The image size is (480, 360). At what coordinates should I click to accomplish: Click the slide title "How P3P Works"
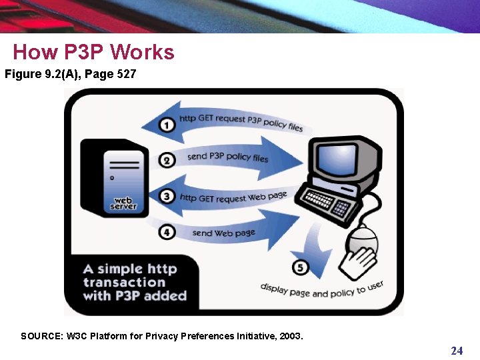pos(93,52)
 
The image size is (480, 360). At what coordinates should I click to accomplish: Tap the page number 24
pos(457,351)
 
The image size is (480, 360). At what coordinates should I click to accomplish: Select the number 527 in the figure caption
pos(126,74)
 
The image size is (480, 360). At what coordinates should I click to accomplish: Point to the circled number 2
pos(168,160)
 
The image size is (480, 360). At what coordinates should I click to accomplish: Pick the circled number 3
pos(168,196)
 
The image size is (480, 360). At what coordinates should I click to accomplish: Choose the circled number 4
pos(168,232)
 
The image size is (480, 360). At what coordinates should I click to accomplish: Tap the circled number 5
pos(301,267)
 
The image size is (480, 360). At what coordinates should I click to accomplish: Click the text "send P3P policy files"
pos(227,157)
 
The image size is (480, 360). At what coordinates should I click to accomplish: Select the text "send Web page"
pos(223,233)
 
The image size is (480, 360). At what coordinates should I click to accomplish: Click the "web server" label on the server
pos(123,203)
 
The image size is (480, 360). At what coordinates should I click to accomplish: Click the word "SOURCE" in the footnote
pos(41,336)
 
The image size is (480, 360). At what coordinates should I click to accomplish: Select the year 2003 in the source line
pos(290,336)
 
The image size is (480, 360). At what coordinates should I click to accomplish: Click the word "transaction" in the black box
pos(124,282)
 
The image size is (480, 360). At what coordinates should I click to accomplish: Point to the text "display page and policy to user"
pos(322,289)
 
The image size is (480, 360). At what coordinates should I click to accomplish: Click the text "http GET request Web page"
pos(233,197)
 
